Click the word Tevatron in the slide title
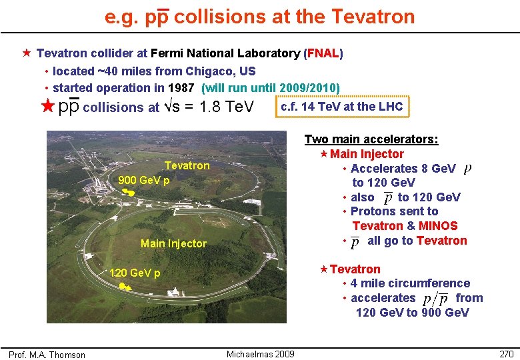click(376, 16)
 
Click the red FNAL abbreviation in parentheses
click(323, 53)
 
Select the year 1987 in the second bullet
click(181, 88)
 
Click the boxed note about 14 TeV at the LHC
click(342, 106)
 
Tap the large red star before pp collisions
click(46, 106)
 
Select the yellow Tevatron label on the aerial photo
click(187, 165)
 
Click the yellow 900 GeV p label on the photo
click(143, 180)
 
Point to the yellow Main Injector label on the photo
click(173, 243)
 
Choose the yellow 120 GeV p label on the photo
click(134, 273)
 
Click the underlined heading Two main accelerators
click(371, 139)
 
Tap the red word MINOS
click(438, 226)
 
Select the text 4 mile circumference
click(410, 283)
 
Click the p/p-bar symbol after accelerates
click(435, 299)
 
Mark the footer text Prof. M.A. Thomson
click(47, 355)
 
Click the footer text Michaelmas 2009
click(260, 353)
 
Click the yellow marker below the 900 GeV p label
click(129, 193)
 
